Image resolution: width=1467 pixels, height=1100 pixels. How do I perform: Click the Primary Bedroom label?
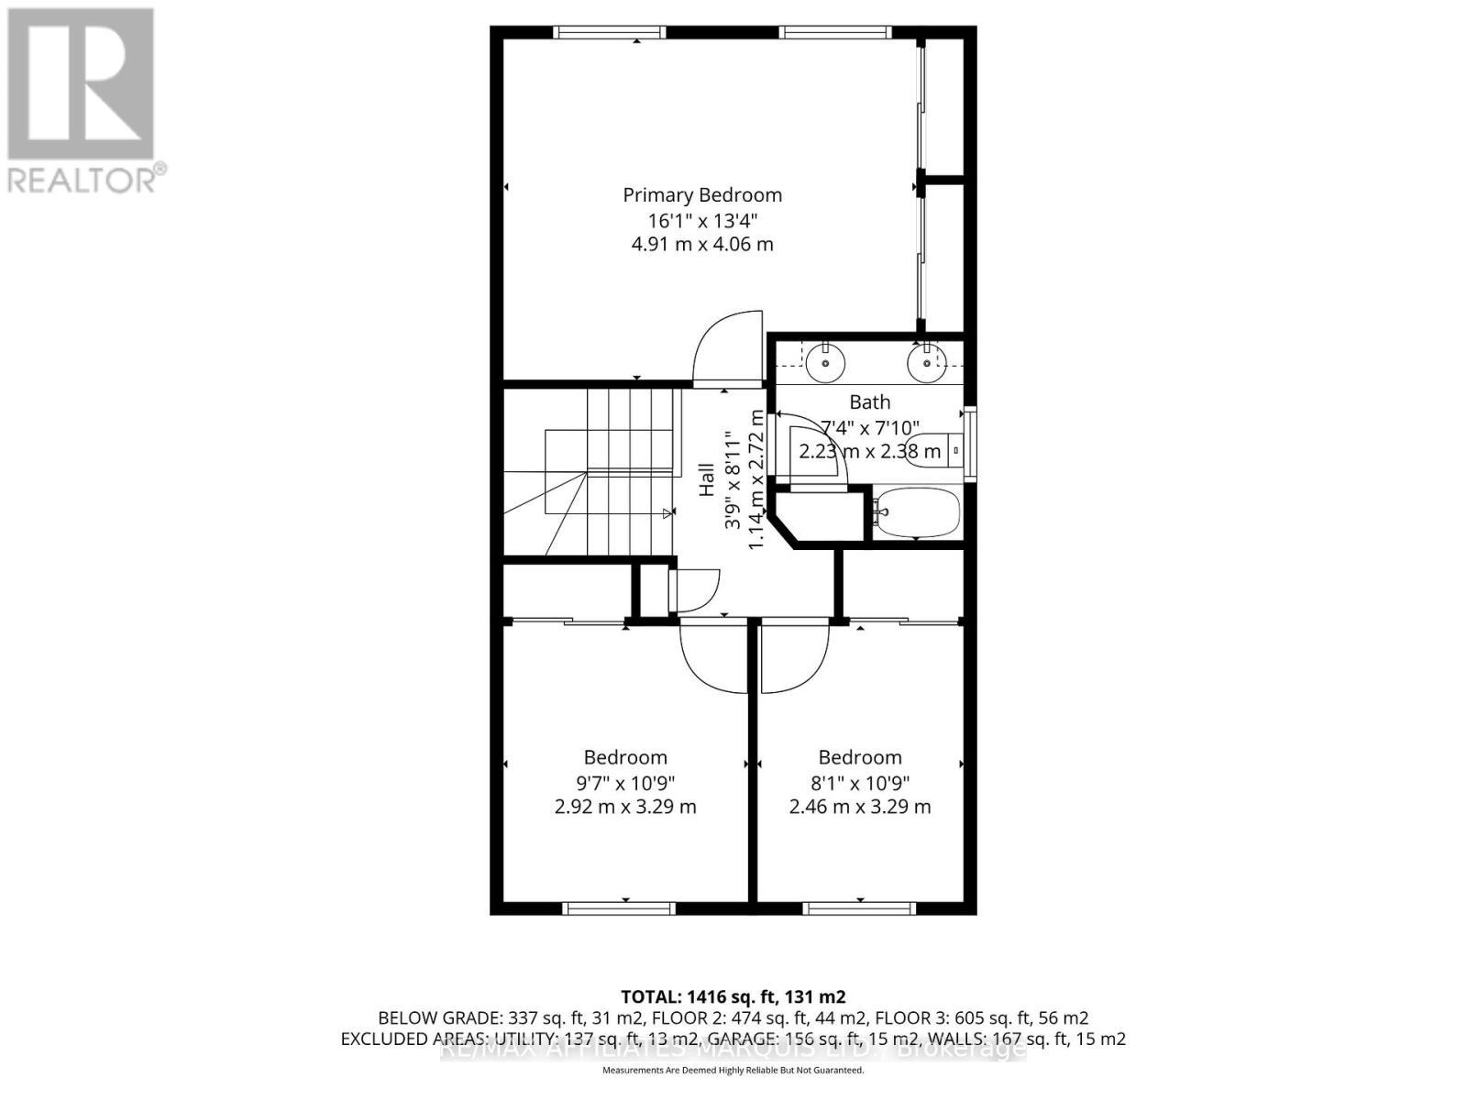[702, 195]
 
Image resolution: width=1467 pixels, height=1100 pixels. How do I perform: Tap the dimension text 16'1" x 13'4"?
[702, 220]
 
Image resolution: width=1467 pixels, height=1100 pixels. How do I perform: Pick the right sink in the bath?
[927, 363]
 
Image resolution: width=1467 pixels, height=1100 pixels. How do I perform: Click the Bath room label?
[869, 401]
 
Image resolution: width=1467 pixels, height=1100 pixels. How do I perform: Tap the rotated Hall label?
[707, 479]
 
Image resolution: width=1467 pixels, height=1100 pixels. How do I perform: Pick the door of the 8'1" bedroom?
[793, 658]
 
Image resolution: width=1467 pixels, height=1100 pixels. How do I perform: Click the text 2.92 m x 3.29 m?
[625, 807]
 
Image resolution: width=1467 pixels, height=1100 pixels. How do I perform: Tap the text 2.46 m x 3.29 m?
[860, 807]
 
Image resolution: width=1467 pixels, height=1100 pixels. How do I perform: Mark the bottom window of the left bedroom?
[619, 908]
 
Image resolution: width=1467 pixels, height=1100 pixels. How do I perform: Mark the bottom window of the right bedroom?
[859, 908]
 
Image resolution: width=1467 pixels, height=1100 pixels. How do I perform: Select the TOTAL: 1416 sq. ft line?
[733, 996]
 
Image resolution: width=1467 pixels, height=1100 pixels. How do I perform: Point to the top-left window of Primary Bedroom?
[610, 32]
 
